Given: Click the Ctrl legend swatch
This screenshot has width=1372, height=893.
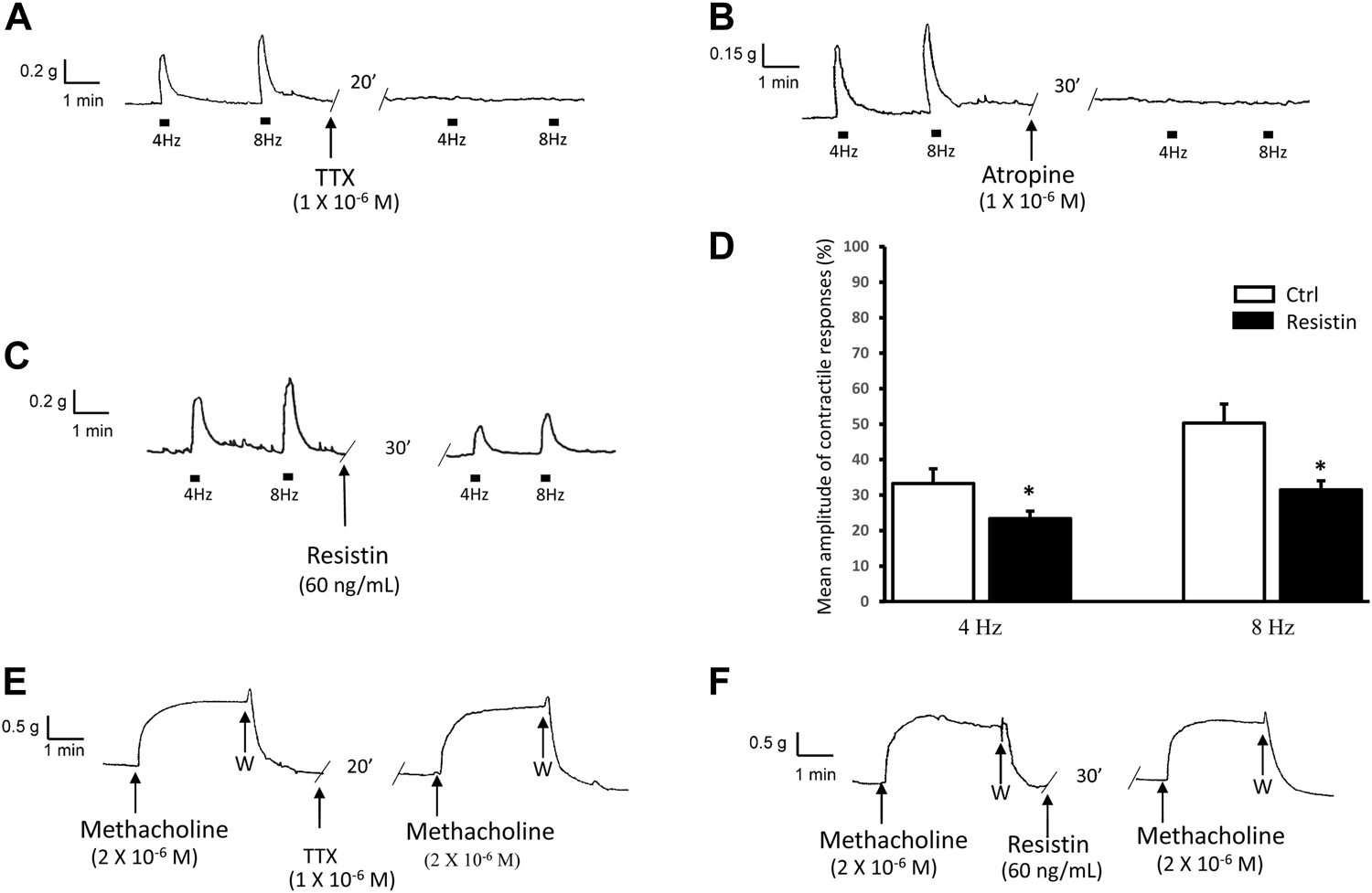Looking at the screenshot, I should (x=1254, y=294).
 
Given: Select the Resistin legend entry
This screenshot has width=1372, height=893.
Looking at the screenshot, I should (x=1321, y=322).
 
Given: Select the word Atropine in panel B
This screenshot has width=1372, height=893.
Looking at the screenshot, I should (x=1028, y=174).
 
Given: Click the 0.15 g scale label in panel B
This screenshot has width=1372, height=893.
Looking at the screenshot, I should (x=733, y=54).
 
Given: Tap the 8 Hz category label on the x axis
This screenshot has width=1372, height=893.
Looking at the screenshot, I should (x=1271, y=629).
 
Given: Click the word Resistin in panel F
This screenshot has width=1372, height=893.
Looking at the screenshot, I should (x=1049, y=845).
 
